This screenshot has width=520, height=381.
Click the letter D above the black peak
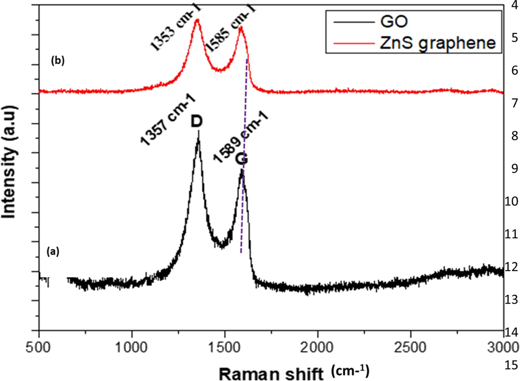tap(197, 121)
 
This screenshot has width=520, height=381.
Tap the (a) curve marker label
tap(53, 251)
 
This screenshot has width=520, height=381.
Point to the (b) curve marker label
tap(57, 61)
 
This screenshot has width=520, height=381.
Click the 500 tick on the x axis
tap(39, 345)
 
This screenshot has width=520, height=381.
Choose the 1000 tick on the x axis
tap(132, 345)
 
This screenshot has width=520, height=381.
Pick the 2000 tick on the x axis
tap(317, 345)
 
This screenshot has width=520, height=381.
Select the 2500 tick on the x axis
tap(410, 345)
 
